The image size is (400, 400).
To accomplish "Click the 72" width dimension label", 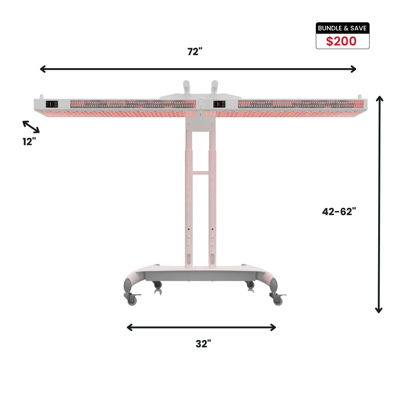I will [195, 52].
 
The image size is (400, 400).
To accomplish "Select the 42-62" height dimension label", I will [339, 211].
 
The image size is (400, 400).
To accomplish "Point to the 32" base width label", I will [203, 344].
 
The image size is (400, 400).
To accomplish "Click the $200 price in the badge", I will [341, 41].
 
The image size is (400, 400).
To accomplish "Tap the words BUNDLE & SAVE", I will [342, 28].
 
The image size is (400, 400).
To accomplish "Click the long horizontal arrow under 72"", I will [198, 69].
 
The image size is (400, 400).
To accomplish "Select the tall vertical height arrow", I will [379, 204].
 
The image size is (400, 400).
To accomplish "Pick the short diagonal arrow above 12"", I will [31, 127].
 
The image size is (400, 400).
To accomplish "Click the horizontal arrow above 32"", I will [201, 327].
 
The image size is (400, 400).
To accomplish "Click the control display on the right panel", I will [218, 104].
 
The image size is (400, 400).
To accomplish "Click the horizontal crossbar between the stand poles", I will [200, 173].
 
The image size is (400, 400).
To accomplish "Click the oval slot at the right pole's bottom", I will [213, 259].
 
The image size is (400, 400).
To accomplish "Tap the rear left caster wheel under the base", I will [157, 285].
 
